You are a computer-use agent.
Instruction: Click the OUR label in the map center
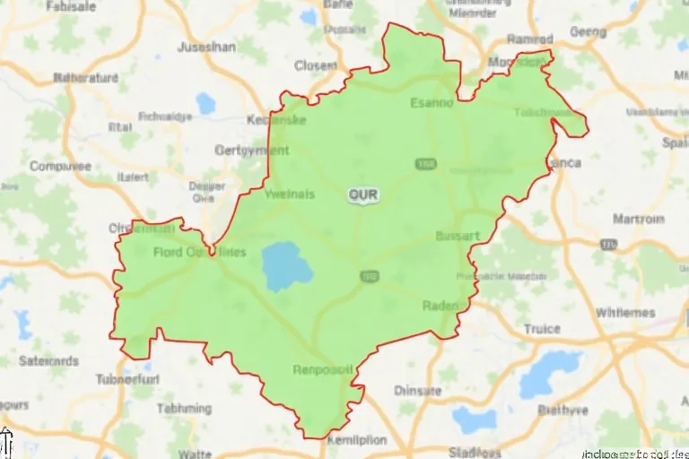363,194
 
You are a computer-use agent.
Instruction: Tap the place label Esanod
432,102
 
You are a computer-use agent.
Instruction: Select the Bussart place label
458,236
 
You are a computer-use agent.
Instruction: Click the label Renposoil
323,368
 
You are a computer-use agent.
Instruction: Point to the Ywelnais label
290,194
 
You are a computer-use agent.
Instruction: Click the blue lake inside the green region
286,264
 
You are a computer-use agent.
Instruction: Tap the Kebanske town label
277,120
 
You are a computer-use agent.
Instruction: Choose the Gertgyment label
252,151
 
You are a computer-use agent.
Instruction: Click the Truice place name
542,329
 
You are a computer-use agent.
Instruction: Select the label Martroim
638,220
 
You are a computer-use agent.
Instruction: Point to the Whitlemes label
625,313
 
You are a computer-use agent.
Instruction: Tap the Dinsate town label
418,391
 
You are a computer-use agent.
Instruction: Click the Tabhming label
184,408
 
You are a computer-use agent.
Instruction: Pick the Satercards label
48,361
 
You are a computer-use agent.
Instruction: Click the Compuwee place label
60,166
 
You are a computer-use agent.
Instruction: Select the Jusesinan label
207,47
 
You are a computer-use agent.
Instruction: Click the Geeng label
589,31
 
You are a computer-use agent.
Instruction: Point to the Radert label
440,306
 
